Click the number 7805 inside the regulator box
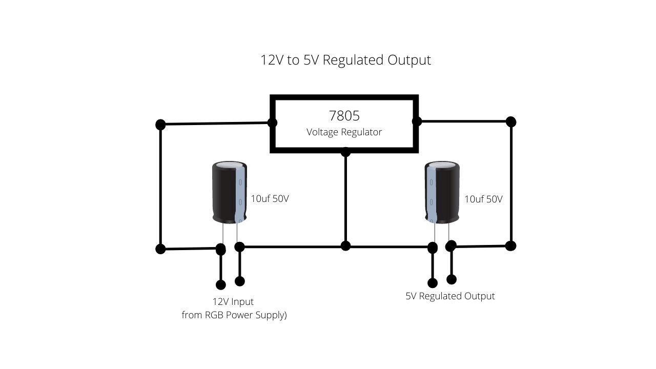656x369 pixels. click(x=344, y=115)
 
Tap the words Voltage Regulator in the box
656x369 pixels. click(x=344, y=132)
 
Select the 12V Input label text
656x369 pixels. click(x=233, y=301)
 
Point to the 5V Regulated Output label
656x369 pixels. click(x=450, y=296)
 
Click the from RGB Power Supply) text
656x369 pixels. click(x=234, y=315)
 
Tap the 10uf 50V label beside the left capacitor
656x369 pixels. click(x=270, y=199)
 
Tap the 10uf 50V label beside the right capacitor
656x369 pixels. click(x=483, y=199)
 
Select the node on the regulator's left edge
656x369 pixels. click(x=273, y=122)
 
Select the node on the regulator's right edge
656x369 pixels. click(x=417, y=121)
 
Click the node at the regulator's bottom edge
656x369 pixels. click(x=345, y=152)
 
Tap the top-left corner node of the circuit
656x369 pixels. click(x=160, y=124)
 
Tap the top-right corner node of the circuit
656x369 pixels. click(x=510, y=121)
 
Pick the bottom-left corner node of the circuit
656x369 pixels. click(x=160, y=249)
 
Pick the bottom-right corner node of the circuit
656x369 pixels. click(x=510, y=245)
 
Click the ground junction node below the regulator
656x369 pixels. click(x=345, y=246)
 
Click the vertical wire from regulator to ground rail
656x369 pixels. click(x=345, y=200)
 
